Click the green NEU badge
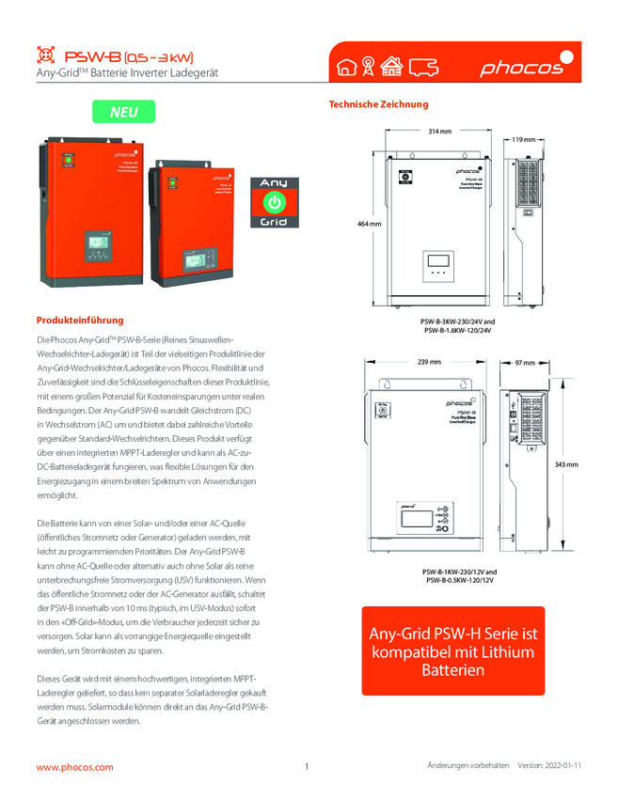(x=123, y=112)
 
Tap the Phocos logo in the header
(x=522, y=66)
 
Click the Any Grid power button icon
(x=272, y=201)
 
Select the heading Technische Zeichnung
(x=378, y=104)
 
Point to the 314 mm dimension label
(x=439, y=131)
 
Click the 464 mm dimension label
(x=369, y=225)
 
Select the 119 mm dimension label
(x=524, y=139)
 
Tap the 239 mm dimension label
(x=428, y=362)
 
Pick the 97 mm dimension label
(x=524, y=362)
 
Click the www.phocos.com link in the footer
(x=74, y=767)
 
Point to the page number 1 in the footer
(x=307, y=767)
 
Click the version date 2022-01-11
(x=563, y=766)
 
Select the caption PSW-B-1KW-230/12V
(x=459, y=572)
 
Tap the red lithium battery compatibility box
(x=452, y=651)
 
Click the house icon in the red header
(x=346, y=67)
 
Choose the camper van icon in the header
(x=425, y=67)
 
